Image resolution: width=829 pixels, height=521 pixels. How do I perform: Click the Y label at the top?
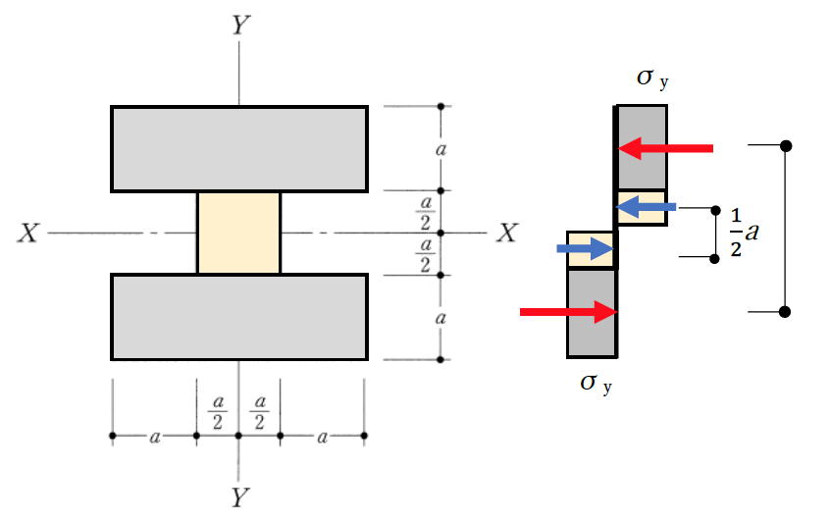(x=240, y=25)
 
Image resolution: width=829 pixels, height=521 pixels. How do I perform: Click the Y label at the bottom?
(x=240, y=497)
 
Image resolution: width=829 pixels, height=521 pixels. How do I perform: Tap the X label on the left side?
(x=28, y=233)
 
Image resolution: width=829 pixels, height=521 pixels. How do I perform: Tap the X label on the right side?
(x=507, y=233)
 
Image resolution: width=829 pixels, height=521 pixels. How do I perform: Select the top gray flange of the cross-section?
(x=239, y=148)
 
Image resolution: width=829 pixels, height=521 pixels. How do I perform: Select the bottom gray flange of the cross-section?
(x=239, y=317)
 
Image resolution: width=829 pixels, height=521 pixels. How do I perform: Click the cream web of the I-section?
(x=239, y=233)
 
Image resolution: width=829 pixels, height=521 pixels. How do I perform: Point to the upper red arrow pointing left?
(x=665, y=148)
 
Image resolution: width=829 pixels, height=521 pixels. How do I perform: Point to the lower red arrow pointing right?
(x=569, y=312)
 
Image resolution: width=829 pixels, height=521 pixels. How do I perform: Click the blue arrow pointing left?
(x=647, y=207)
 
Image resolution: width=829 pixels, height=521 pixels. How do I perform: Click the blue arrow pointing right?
(x=586, y=248)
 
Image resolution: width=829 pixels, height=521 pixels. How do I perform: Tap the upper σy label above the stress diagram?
(x=652, y=78)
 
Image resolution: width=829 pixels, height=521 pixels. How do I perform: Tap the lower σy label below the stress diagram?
(x=596, y=384)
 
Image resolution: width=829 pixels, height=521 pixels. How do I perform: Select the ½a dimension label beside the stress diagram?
(x=745, y=233)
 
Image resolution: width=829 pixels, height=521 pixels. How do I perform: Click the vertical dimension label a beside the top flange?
(x=440, y=149)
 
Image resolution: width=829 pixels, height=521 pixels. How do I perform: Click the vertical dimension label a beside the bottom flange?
(x=440, y=318)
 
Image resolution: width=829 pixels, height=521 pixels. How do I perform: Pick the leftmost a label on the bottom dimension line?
(x=155, y=437)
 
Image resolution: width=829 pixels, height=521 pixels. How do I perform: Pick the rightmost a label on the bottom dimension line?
(x=323, y=437)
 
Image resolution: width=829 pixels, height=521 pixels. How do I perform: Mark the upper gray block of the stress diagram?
(x=642, y=147)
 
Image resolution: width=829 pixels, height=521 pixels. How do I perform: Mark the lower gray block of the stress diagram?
(x=592, y=313)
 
